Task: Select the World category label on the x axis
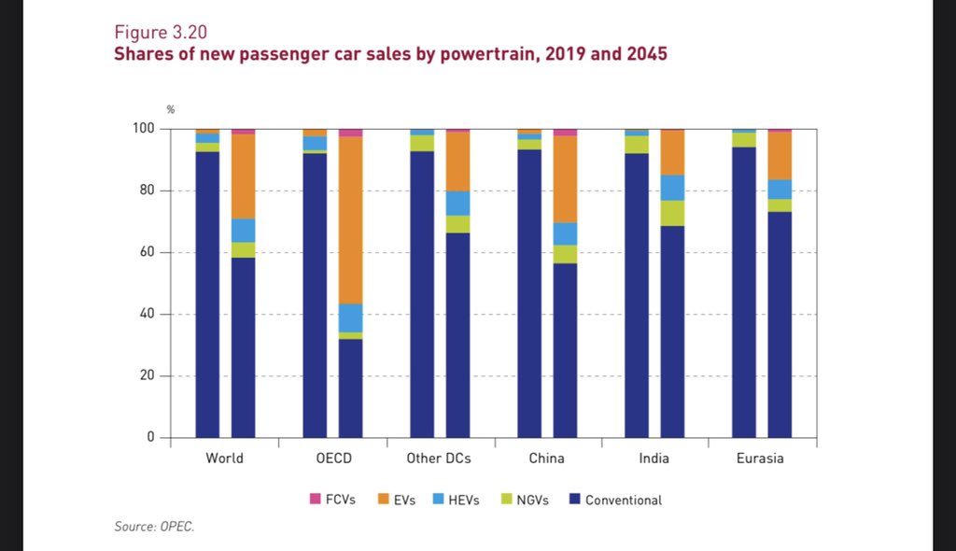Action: [x=225, y=459]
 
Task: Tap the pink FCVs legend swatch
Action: [x=315, y=500]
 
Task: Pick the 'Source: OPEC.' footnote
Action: [x=155, y=528]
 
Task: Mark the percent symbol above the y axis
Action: [x=171, y=109]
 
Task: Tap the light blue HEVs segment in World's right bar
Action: [x=244, y=231]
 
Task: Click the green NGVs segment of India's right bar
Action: [x=673, y=213]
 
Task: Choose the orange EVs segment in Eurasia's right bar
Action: [x=780, y=155]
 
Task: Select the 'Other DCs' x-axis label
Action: [x=440, y=459]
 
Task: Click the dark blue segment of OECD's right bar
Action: [x=351, y=388]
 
